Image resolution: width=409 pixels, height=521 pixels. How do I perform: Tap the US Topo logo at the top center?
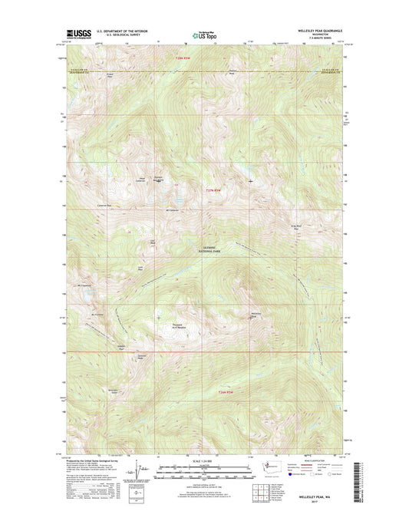[204, 34]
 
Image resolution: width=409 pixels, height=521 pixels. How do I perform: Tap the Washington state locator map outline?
[272, 466]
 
